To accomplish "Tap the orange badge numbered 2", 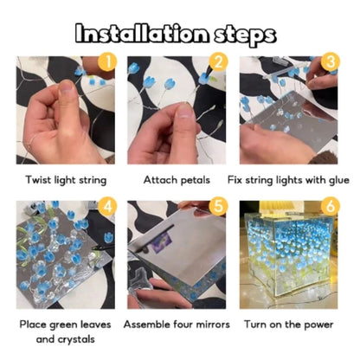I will pos(219,61).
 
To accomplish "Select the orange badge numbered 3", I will pos(330,61).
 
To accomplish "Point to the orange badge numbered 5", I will pos(219,206).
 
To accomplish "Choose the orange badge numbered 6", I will pos(330,206).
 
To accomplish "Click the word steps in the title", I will pos(247,34).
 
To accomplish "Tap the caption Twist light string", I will pos(66,180).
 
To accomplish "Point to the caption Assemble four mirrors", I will pos(177,325).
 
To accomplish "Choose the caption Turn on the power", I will pos(289,325).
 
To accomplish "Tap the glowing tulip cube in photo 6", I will pos(289,260).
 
